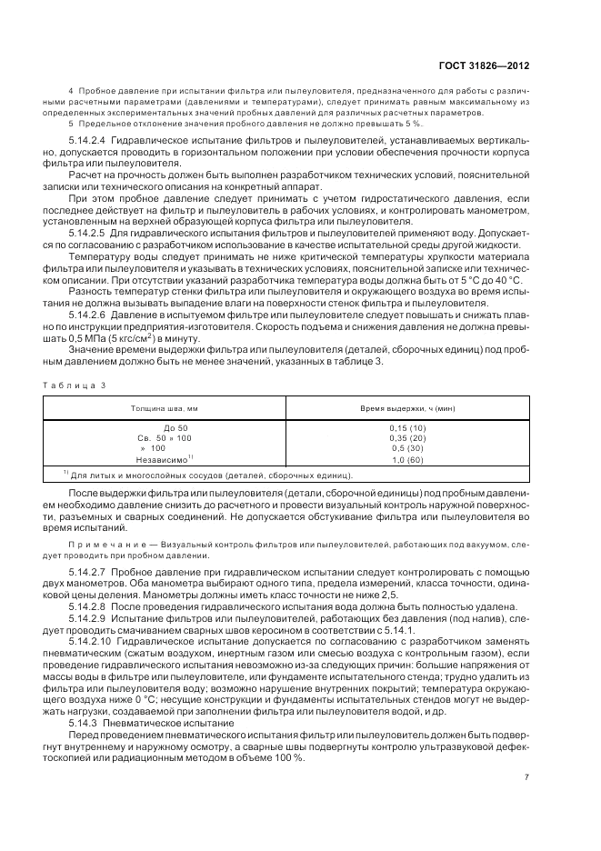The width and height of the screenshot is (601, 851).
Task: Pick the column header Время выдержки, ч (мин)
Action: click(x=407, y=409)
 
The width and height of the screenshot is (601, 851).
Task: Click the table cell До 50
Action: click(x=175, y=427)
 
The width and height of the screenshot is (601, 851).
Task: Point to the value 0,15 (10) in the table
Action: click(x=407, y=427)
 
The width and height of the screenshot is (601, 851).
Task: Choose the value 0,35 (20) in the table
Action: click(x=407, y=438)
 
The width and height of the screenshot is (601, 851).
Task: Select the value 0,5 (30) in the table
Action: click(x=407, y=448)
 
